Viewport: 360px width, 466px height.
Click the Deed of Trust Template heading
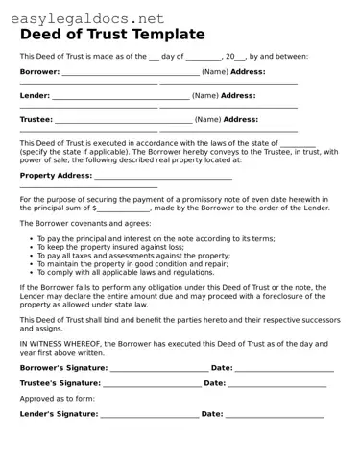pyautogui.click(x=112, y=35)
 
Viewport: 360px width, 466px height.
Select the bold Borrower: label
pyautogui.click(x=39, y=71)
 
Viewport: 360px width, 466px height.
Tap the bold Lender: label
pyautogui.click(x=35, y=96)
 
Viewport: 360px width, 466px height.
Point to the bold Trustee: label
pyautogui.click(x=36, y=120)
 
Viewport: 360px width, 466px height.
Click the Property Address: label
pyautogui.click(x=56, y=176)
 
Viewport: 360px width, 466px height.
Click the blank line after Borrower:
pyautogui.click(x=130, y=73)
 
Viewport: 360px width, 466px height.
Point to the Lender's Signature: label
pyautogui.click(x=59, y=414)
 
